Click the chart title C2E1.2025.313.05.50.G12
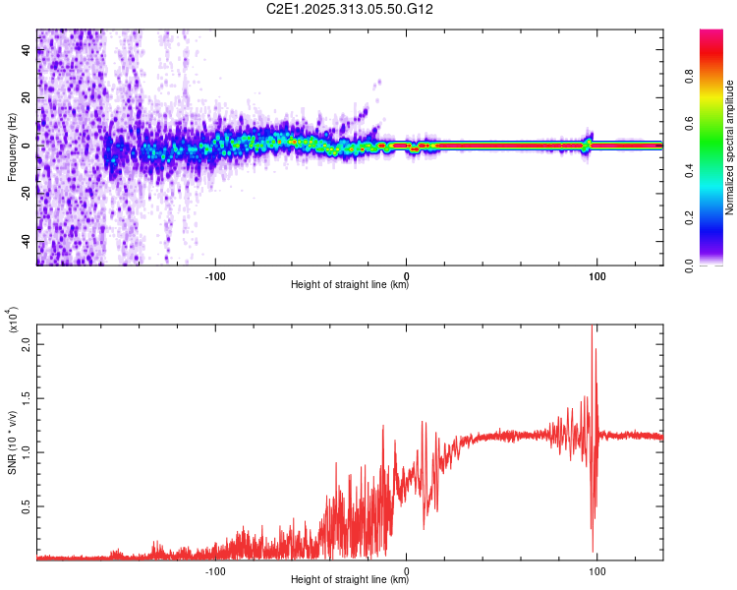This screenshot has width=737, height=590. tap(350, 9)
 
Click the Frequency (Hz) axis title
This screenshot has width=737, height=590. tap(12, 147)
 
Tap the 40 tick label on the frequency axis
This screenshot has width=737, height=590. tap(26, 51)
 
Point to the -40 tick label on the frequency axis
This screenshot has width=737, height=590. tap(24, 242)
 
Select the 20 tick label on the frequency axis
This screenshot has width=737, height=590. tap(26, 98)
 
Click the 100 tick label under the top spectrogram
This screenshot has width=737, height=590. tap(596, 274)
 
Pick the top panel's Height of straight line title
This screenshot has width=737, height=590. tap(350, 285)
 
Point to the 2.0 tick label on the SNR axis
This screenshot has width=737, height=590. tap(26, 346)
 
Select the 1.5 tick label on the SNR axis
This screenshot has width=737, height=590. tap(26, 399)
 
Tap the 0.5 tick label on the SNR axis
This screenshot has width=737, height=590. tap(26, 505)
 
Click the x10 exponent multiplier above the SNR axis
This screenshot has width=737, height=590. tap(12, 323)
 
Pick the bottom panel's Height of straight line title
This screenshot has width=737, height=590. tap(350, 580)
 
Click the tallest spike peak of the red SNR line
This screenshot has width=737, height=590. tap(592, 326)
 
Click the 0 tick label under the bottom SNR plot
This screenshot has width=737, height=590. tap(407, 569)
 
